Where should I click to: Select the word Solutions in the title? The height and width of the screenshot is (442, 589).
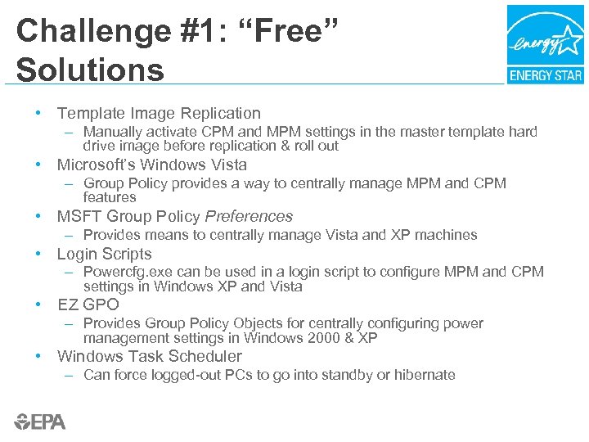click(x=90, y=70)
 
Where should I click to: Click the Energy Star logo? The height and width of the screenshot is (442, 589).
click(x=545, y=44)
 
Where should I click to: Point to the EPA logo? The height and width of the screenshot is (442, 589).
click(x=40, y=422)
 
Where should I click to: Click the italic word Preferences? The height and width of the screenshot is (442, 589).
click(x=249, y=217)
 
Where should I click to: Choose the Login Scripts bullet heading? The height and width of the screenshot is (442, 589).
click(x=104, y=254)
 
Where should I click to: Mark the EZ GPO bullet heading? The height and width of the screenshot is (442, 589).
click(x=88, y=305)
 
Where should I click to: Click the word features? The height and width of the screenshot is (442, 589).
click(x=110, y=197)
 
